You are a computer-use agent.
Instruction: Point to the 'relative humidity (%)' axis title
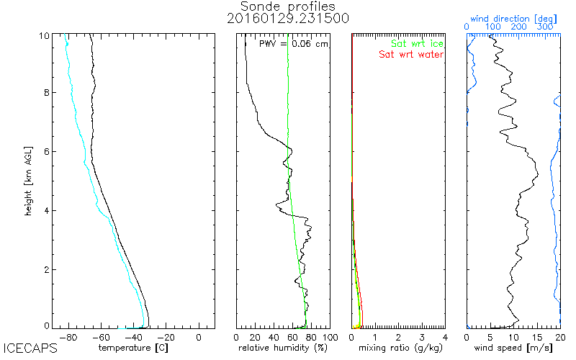click(x=283, y=348)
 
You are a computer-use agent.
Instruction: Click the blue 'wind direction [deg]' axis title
click(x=513, y=16)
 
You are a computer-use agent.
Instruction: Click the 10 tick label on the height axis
click(x=44, y=35)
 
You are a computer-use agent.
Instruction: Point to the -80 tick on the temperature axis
click(x=68, y=336)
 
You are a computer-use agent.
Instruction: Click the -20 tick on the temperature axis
click(x=166, y=336)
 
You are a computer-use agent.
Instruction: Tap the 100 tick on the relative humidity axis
click(x=329, y=336)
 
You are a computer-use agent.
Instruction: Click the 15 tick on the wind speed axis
click(x=536, y=336)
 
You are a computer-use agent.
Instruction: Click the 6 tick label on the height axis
click(x=47, y=151)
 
